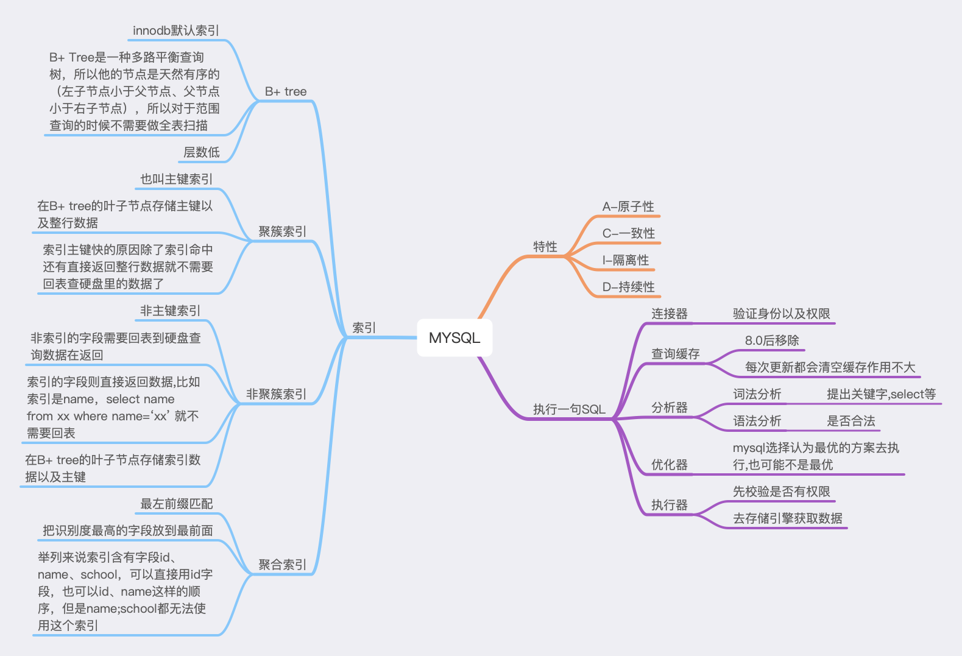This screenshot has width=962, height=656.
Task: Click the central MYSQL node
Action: click(454, 338)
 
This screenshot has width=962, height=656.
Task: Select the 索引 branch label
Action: click(364, 328)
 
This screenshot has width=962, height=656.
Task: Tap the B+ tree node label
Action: click(286, 91)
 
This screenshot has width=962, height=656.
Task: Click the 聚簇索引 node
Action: click(282, 231)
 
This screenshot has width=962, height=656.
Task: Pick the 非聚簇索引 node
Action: click(276, 394)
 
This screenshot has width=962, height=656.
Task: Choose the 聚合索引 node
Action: click(282, 565)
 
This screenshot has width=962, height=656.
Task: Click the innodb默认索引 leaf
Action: click(176, 30)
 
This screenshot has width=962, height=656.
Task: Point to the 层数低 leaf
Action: click(202, 152)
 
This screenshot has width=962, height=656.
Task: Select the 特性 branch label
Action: click(545, 247)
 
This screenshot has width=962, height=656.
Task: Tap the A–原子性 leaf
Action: click(628, 206)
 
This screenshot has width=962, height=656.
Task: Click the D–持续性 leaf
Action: click(628, 287)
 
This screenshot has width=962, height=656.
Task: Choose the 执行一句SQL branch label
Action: click(569, 409)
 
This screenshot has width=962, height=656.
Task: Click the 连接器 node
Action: click(669, 314)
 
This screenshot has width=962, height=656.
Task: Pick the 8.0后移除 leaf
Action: click(771, 340)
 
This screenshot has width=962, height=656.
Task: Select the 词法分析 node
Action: click(757, 394)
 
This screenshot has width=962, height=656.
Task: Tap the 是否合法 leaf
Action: click(851, 421)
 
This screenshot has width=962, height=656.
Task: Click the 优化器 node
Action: click(669, 465)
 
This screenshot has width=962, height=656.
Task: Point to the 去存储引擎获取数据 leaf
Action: click(787, 518)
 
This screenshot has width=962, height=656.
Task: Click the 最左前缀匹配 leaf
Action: click(177, 504)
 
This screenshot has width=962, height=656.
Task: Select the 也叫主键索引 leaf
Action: click(177, 179)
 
